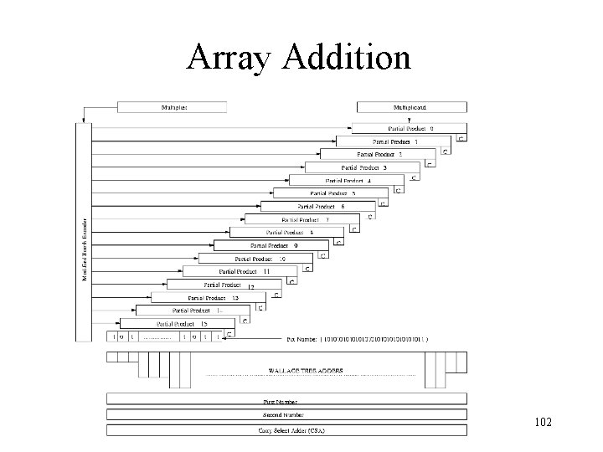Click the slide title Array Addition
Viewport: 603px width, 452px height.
click(x=300, y=58)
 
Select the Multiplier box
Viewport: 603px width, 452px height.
click(x=172, y=107)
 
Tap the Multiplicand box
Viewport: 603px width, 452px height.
click(x=412, y=107)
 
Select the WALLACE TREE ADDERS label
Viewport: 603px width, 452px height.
click(x=305, y=370)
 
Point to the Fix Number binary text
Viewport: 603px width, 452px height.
click(x=358, y=339)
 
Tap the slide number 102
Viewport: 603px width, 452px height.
click(x=542, y=422)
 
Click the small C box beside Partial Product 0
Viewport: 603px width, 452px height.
click(x=461, y=138)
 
